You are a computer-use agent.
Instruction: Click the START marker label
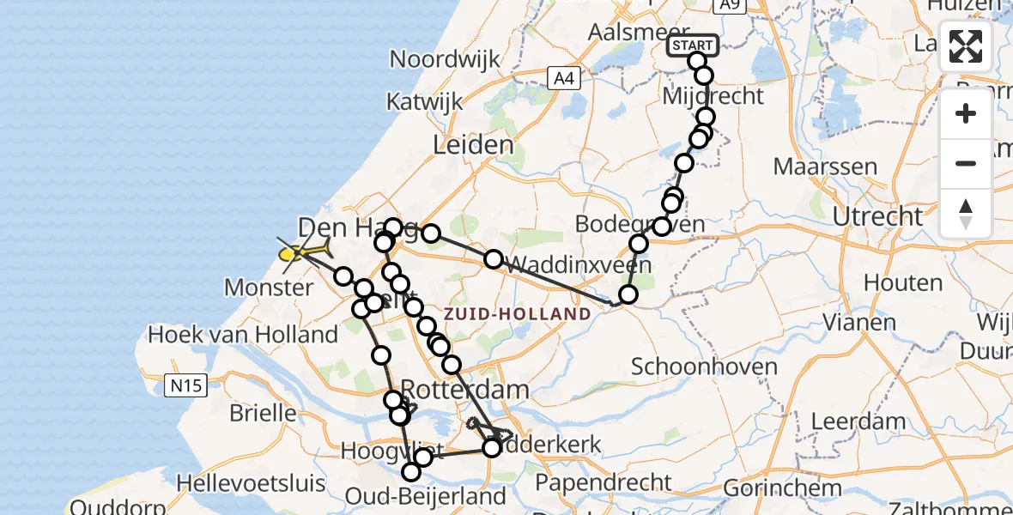click(693, 45)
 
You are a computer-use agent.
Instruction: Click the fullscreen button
click(966, 46)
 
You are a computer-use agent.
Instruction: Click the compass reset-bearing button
click(966, 212)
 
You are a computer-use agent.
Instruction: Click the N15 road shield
click(185, 386)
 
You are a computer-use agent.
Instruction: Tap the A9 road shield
click(729, 6)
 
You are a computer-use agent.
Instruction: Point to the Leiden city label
click(473, 145)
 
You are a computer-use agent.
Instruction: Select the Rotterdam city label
click(465, 390)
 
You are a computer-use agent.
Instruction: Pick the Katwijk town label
click(424, 101)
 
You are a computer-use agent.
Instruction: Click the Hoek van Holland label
click(243, 334)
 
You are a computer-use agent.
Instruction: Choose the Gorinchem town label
click(782, 488)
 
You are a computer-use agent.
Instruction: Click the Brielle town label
click(263, 413)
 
